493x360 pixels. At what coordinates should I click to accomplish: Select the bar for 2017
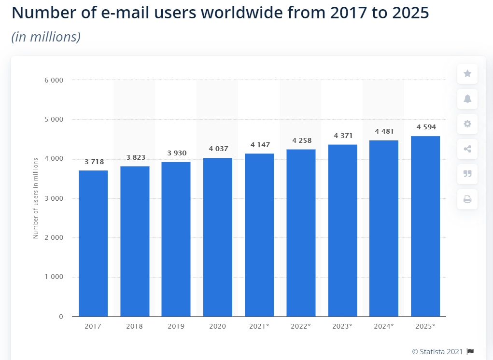(93, 243)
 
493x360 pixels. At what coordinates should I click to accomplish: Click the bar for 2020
(217, 237)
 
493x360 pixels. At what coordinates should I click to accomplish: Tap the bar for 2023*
(342, 230)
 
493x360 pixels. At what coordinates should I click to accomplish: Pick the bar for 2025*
(425, 226)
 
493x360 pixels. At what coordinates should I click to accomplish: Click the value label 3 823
(136, 157)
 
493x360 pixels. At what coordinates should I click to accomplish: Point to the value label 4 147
(260, 145)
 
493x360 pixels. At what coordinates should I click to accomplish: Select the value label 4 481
(384, 131)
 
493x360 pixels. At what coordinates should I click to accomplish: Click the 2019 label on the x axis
(176, 326)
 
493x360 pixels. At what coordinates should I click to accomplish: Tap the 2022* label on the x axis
(300, 326)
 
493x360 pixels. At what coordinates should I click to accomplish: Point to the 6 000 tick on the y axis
(54, 80)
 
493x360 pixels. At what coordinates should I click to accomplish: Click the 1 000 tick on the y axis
(54, 277)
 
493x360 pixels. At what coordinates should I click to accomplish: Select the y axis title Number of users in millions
(36, 198)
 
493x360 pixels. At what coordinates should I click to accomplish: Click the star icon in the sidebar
(467, 73)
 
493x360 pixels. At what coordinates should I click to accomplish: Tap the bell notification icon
(467, 99)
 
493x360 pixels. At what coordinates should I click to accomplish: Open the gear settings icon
(467, 124)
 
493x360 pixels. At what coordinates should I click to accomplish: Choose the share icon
(467, 149)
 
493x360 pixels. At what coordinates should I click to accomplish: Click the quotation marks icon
(467, 174)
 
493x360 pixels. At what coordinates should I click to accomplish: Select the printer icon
(467, 199)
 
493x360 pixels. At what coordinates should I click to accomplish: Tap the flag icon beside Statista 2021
(470, 351)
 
